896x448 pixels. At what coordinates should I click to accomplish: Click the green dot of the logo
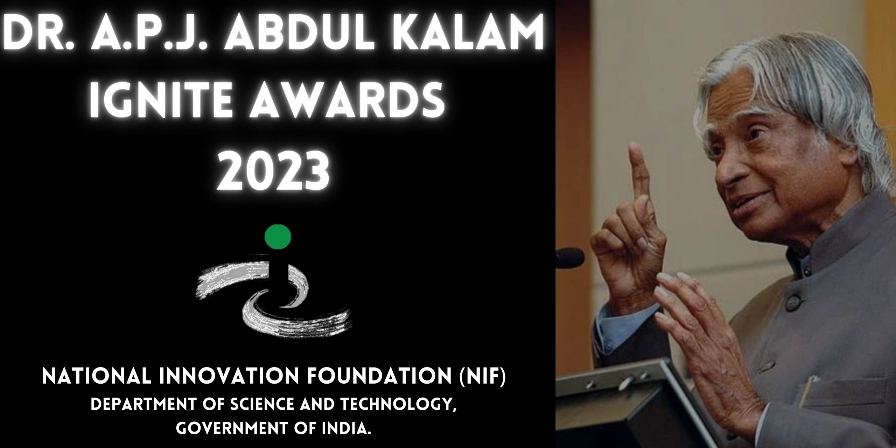coord(278,236)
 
